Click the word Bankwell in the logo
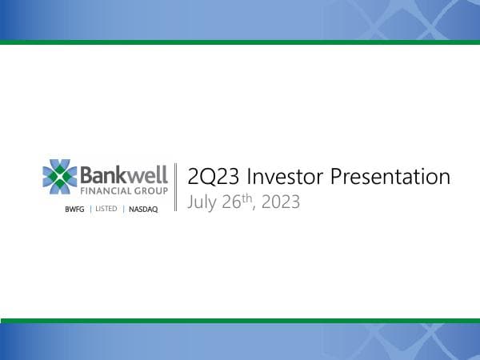124,174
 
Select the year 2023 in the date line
281,202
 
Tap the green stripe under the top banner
240,42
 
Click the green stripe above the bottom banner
240,320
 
